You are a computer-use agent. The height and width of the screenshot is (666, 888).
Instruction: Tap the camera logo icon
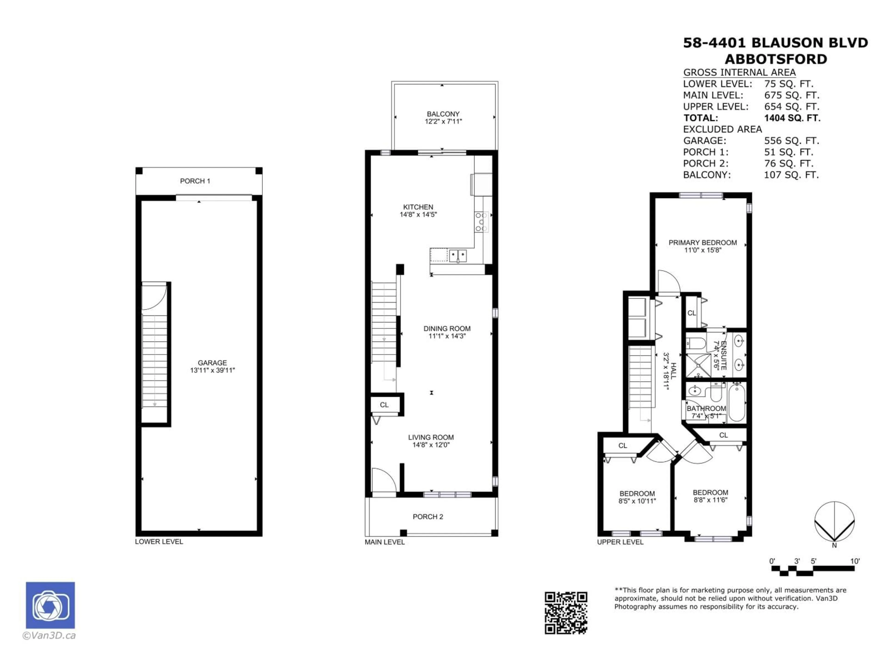pyautogui.click(x=50, y=605)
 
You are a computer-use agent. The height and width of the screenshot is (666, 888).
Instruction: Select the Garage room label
pyautogui.click(x=212, y=363)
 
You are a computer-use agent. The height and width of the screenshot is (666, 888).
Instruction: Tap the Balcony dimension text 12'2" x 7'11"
pyautogui.click(x=443, y=121)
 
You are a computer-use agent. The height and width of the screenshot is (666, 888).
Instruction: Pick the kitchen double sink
pyautogui.click(x=458, y=255)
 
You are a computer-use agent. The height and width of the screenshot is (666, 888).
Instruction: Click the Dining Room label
pyautogui.click(x=447, y=328)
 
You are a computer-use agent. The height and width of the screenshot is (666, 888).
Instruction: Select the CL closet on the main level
pyautogui.click(x=384, y=405)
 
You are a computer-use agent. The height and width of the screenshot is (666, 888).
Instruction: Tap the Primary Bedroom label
pyautogui.click(x=703, y=243)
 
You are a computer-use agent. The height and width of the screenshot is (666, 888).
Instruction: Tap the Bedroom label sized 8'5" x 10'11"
pyautogui.click(x=637, y=493)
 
